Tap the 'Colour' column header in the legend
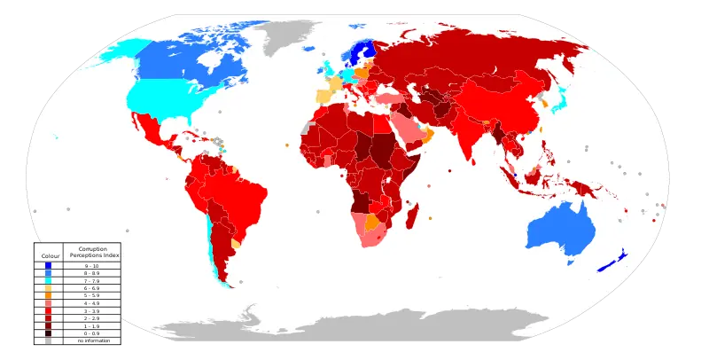click(x=51, y=255)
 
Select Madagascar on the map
click(x=411, y=215)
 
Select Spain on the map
click(x=327, y=91)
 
